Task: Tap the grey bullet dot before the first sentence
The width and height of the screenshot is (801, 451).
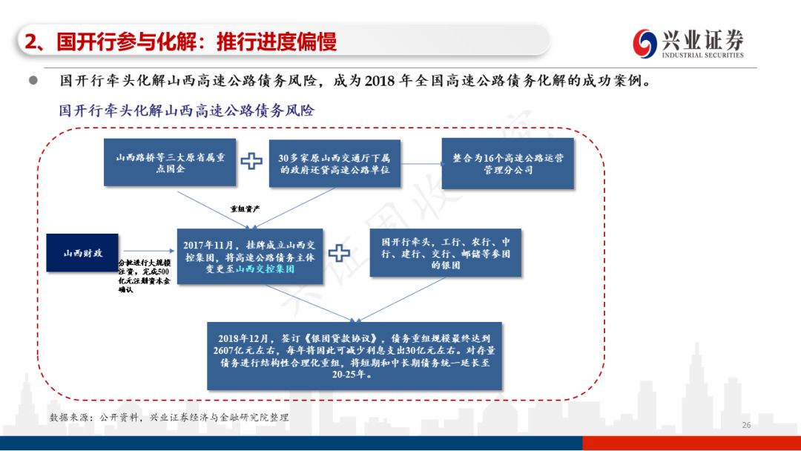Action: pos(33,80)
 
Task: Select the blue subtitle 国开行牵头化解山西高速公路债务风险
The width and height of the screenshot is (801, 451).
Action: pos(187,111)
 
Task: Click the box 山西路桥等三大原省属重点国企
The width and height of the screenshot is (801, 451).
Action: pos(171,163)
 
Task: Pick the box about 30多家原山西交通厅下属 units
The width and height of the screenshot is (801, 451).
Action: pos(339,164)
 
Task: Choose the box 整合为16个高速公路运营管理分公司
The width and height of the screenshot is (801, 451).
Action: pos(508,164)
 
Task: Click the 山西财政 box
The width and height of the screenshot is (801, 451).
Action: pos(83,254)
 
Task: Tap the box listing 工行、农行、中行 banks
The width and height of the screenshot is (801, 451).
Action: pos(445,253)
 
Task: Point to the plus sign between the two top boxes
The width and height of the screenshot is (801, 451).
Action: pos(252,161)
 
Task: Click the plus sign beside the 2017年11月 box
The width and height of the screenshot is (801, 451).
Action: pos(339,252)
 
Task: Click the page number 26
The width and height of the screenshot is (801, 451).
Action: pos(746,425)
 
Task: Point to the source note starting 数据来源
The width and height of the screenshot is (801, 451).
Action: pos(169,418)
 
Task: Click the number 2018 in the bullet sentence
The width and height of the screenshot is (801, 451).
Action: pos(380,80)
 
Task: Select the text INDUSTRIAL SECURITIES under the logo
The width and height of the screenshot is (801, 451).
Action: pos(702,55)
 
